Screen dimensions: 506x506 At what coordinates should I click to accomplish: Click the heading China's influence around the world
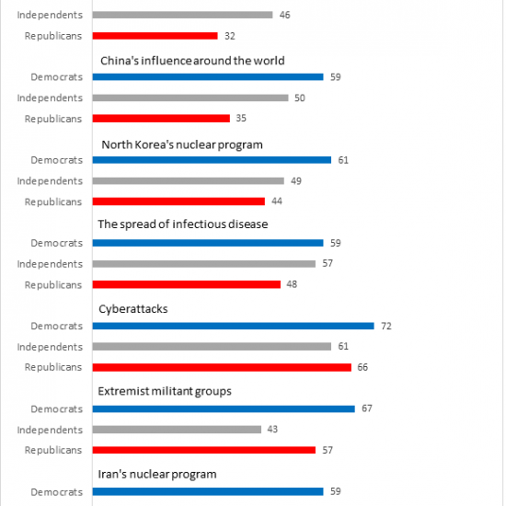[x=192, y=61]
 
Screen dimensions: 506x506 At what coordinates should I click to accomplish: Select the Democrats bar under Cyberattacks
[x=234, y=326]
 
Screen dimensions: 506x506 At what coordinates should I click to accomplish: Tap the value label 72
[x=386, y=326]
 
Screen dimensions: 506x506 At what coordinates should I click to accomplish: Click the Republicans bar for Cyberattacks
[x=222, y=367]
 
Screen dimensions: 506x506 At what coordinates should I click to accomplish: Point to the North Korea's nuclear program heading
[x=182, y=144]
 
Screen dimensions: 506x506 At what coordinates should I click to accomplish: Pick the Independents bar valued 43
[x=177, y=430]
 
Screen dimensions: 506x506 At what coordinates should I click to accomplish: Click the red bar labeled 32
[x=155, y=36]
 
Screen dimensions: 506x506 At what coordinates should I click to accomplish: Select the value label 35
[x=241, y=118]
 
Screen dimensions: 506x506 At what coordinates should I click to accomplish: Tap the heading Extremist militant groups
[x=165, y=391]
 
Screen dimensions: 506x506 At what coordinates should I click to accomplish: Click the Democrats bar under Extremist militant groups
[x=224, y=408]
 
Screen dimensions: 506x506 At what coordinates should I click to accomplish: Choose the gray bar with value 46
[x=183, y=15]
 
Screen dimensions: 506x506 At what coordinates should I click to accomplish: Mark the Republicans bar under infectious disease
[x=187, y=284]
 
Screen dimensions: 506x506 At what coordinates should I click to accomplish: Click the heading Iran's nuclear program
[x=157, y=475]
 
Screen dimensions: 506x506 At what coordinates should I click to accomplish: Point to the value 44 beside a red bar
[x=277, y=201]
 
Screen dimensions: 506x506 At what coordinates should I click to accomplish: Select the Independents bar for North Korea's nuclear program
[x=189, y=180]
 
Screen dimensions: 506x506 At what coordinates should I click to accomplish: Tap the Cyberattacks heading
[x=133, y=309]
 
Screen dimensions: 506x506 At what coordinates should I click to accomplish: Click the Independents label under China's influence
[x=50, y=98]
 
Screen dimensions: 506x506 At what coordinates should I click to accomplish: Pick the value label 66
[x=362, y=367]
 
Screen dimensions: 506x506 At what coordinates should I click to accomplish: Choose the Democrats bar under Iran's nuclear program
[x=208, y=491]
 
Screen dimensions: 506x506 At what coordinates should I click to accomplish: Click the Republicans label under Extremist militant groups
[x=53, y=450]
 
